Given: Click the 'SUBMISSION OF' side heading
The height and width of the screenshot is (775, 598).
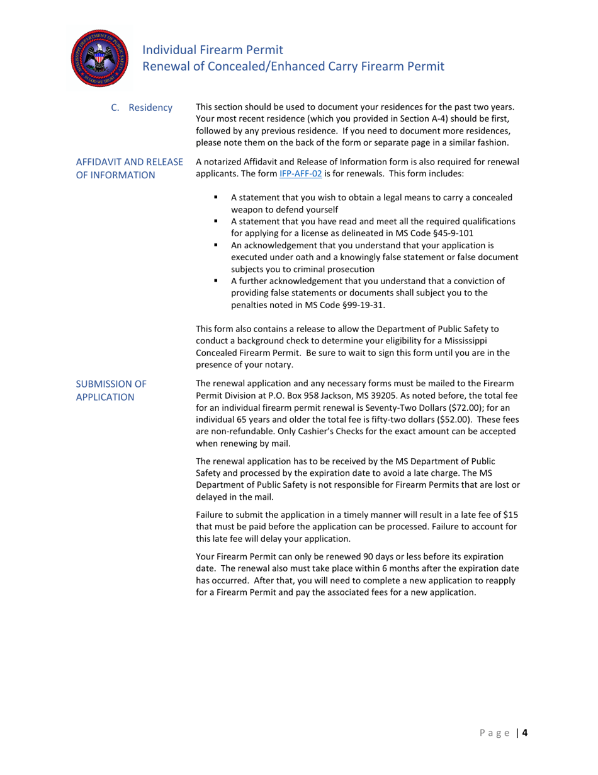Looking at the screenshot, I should (x=111, y=384).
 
